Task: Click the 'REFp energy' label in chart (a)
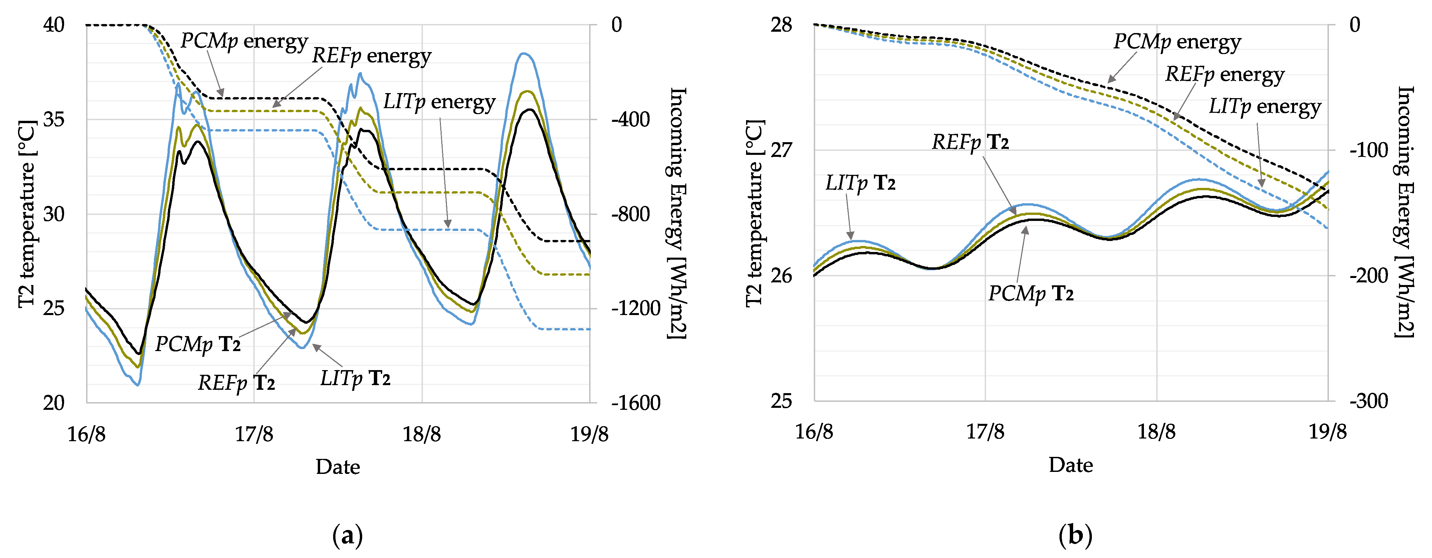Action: (371, 56)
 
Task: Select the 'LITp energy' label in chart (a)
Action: (439, 102)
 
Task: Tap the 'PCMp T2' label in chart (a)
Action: (198, 344)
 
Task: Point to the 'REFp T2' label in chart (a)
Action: (236, 383)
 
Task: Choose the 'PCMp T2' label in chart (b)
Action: (1031, 293)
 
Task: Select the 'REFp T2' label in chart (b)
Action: (970, 142)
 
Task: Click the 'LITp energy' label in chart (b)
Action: (1265, 107)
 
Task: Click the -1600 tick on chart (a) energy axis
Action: (636, 402)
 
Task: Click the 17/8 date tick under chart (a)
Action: (254, 434)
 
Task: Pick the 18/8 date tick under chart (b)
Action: (1156, 432)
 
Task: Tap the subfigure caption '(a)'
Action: (347, 536)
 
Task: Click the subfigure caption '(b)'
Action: (1075, 536)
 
